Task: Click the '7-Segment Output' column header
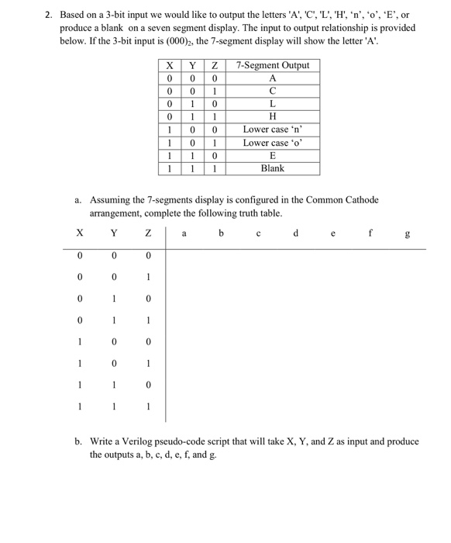click(x=272, y=65)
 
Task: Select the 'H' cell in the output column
click(x=272, y=116)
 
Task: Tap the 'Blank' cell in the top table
click(x=272, y=168)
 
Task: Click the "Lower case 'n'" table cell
click(x=272, y=130)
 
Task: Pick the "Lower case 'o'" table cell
click(x=272, y=143)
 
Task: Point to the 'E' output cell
click(x=272, y=155)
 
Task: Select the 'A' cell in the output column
click(x=272, y=78)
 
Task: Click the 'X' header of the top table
click(x=169, y=65)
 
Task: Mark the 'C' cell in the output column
click(x=272, y=91)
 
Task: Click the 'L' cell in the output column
click(x=272, y=104)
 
